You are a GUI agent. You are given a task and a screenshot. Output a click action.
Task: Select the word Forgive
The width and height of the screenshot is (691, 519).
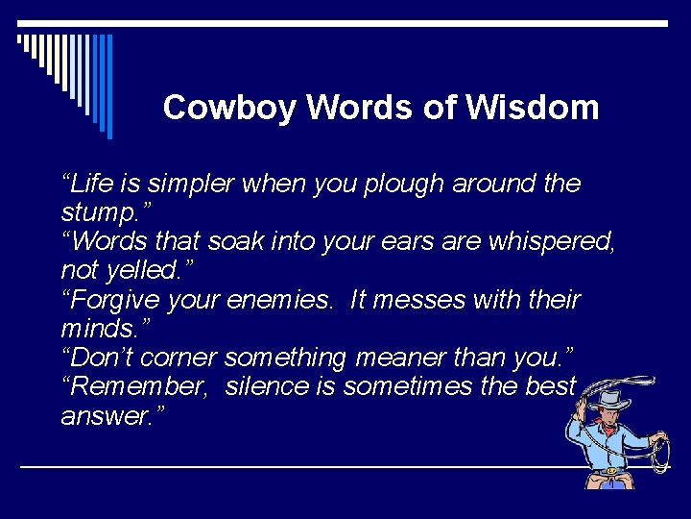110,301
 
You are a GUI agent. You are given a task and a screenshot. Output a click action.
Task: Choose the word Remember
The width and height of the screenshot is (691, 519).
131,387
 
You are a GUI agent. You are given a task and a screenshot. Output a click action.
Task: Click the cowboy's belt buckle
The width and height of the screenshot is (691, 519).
610,471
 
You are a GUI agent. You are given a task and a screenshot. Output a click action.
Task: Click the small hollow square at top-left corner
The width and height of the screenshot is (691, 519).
20,39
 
